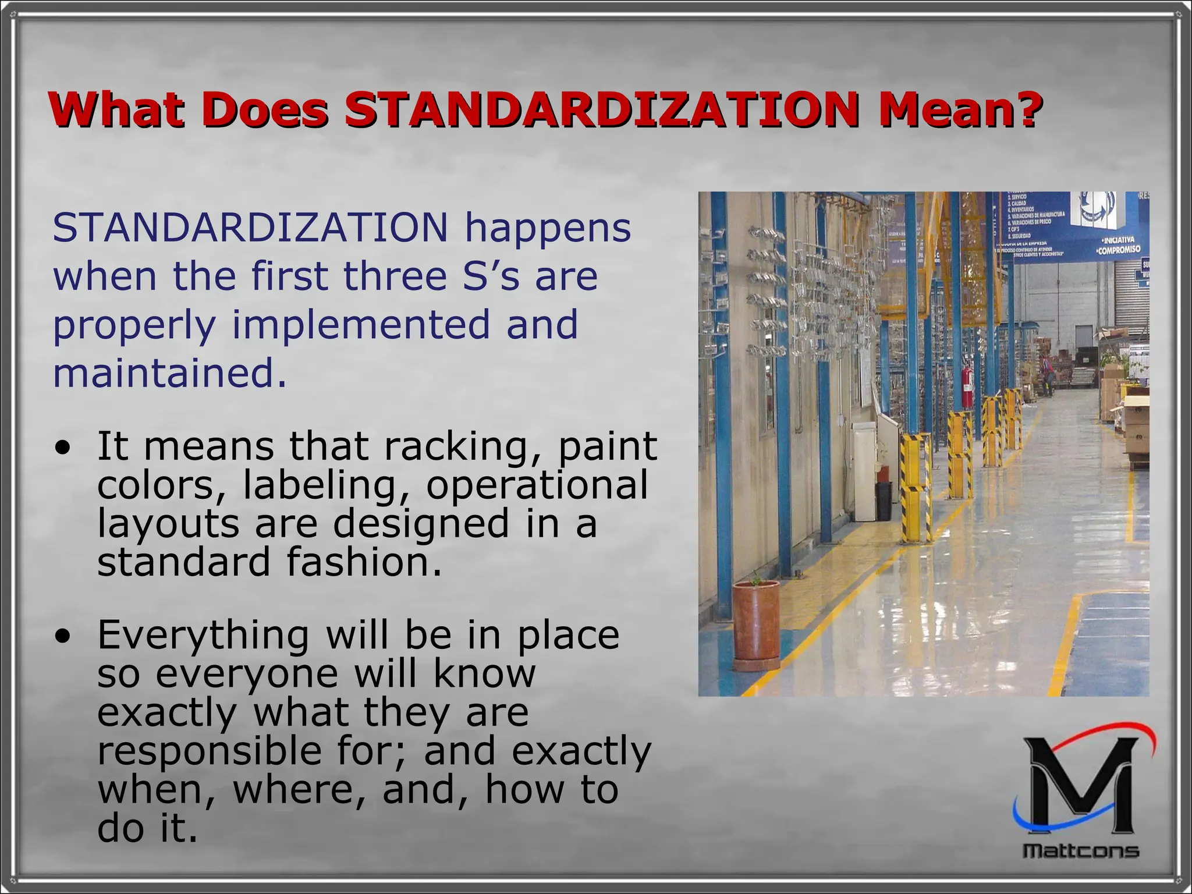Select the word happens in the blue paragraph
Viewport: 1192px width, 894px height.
coord(547,228)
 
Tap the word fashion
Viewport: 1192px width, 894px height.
coord(364,562)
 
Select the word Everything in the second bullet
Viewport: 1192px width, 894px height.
coord(203,636)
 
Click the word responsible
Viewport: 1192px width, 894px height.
coord(209,751)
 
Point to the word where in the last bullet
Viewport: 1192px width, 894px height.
coord(300,790)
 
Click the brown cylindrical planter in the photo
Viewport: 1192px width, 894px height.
coord(757,623)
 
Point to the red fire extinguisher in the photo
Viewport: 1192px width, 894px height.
coord(967,387)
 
